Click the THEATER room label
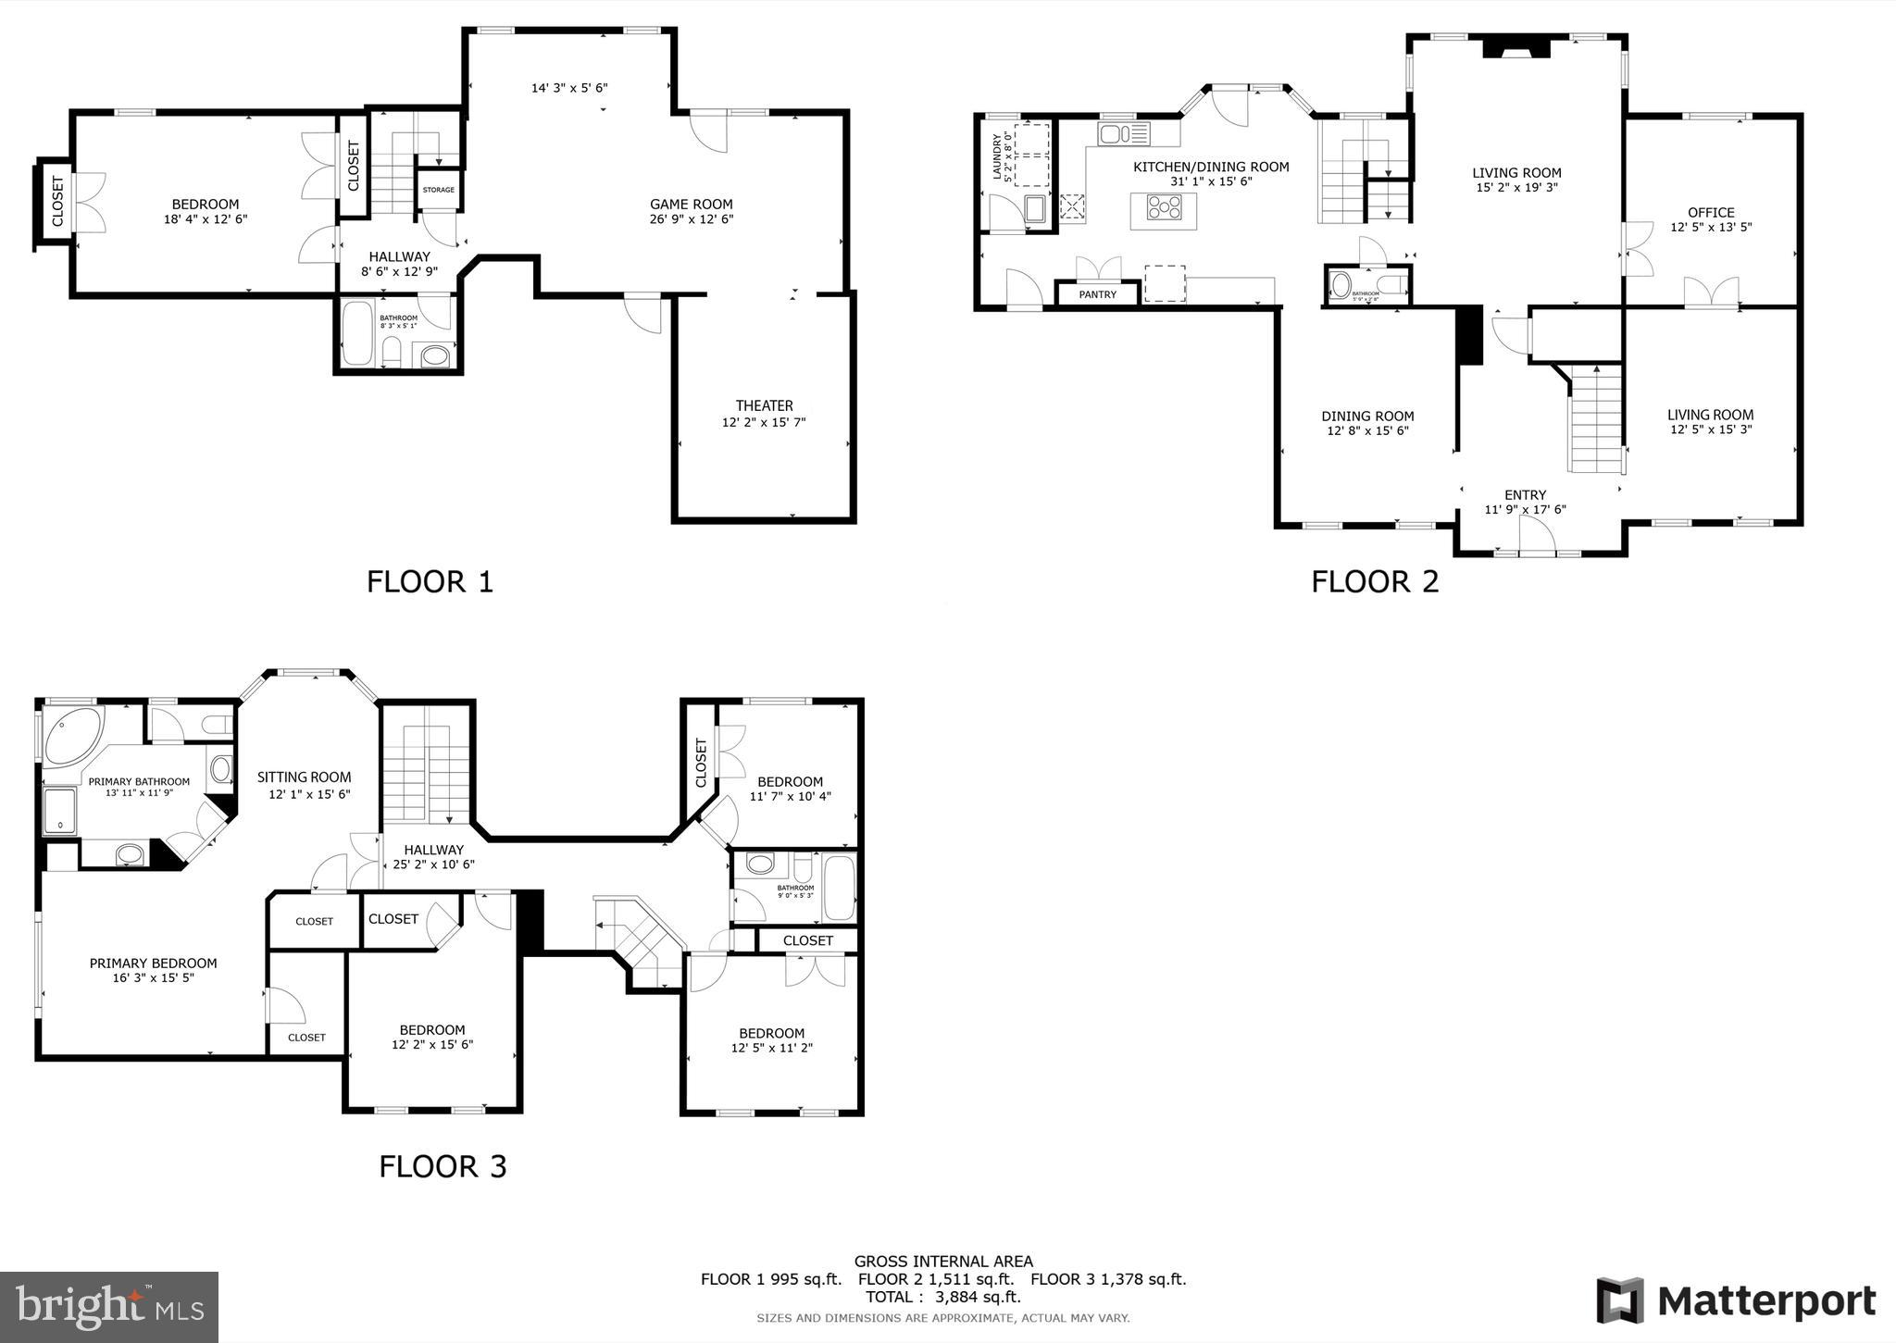tap(764, 405)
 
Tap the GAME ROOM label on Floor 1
tap(691, 205)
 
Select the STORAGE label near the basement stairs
tap(438, 190)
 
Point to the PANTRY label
tap(1097, 294)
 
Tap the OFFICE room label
tap(1710, 212)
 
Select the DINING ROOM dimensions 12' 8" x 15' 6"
tap(1367, 430)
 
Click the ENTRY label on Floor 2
tap(1525, 494)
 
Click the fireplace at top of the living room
tap(1516, 47)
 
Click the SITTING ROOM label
tap(304, 777)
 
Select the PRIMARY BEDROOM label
tap(153, 964)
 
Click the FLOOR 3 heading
tap(443, 1166)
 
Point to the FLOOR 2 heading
tap(1375, 581)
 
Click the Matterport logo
tap(1735, 1301)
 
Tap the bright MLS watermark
tap(109, 1307)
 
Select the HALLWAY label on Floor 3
tap(433, 850)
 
